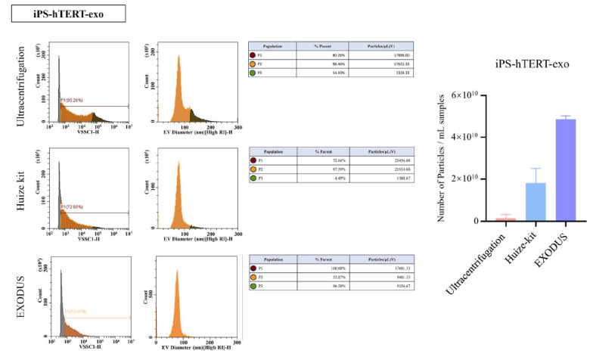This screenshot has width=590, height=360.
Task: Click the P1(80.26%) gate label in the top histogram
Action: point(76,100)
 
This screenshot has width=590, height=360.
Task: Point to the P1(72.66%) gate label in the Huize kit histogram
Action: point(76,206)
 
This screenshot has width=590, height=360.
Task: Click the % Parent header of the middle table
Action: point(337,152)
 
